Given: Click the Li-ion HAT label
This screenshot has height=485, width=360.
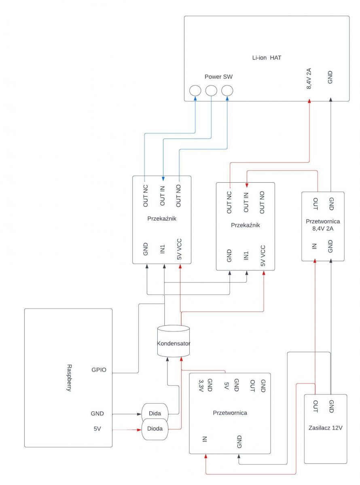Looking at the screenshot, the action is pos(266,58).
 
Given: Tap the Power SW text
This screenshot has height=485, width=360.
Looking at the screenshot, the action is pos(218,77).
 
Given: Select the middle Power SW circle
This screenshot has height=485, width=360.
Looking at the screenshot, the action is pos(211,91).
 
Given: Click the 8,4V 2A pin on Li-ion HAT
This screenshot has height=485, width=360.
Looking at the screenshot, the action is pos(309,78).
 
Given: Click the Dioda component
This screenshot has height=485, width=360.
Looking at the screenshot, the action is pos(155,428).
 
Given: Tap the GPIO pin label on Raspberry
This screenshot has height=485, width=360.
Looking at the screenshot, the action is pos(99,370).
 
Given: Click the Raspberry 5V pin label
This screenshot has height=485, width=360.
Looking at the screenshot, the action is pos(97,429).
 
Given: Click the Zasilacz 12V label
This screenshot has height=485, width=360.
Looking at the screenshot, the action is pos(325,428).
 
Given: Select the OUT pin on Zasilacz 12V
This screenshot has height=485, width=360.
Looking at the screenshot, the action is pos(315,406).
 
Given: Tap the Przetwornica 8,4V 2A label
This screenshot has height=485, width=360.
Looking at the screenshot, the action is pos(323,225).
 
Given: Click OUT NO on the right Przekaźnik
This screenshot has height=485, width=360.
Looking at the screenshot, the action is pos(262,202).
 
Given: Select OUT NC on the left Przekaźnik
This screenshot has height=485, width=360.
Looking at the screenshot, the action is pos(146,196).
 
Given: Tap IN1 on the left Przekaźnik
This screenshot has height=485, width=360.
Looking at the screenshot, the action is pos(162,249).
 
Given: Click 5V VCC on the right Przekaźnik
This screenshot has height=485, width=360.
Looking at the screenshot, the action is pos(263,255).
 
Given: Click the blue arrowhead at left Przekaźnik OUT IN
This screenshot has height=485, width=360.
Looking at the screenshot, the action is pos(163,179).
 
